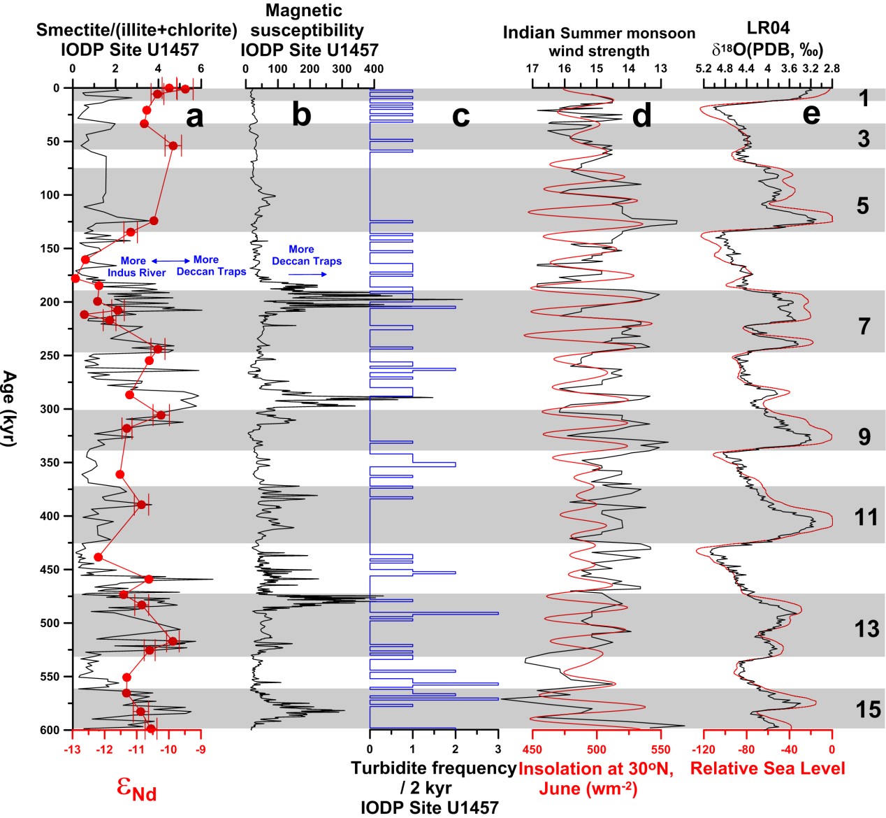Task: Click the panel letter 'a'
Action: [195, 117]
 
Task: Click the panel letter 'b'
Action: [301, 115]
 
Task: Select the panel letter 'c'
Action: [460, 115]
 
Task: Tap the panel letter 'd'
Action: [641, 115]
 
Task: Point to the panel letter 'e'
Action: [811, 113]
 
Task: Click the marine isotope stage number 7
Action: [864, 326]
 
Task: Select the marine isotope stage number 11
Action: [866, 517]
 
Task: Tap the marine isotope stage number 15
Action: [868, 710]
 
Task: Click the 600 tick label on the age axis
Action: [50, 730]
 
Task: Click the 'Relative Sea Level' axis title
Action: [767, 768]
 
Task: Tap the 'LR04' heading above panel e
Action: [768, 28]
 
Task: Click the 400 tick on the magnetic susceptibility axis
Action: [374, 69]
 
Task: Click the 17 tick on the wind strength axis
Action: [532, 69]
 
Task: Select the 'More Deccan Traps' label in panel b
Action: [307, 255]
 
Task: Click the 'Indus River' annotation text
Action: [137, 273]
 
